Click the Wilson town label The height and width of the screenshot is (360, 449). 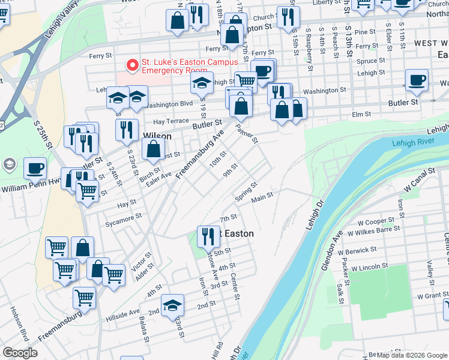pyautogui.click(x=157, y=136)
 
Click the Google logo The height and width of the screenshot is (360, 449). pyautogui.click(x=20, y=353)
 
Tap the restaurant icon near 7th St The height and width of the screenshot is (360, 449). pyautogui.click(x=208, y=236)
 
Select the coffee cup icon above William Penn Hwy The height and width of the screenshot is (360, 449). pyautogui.click(x=35, y=169)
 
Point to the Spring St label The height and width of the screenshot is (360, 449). pyautogui.click(x=246, y=192)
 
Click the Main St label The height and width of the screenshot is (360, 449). pyautogui.click(x=262, y=196)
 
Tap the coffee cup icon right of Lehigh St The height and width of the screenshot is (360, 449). pyautogui.click(x=417, y=80)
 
